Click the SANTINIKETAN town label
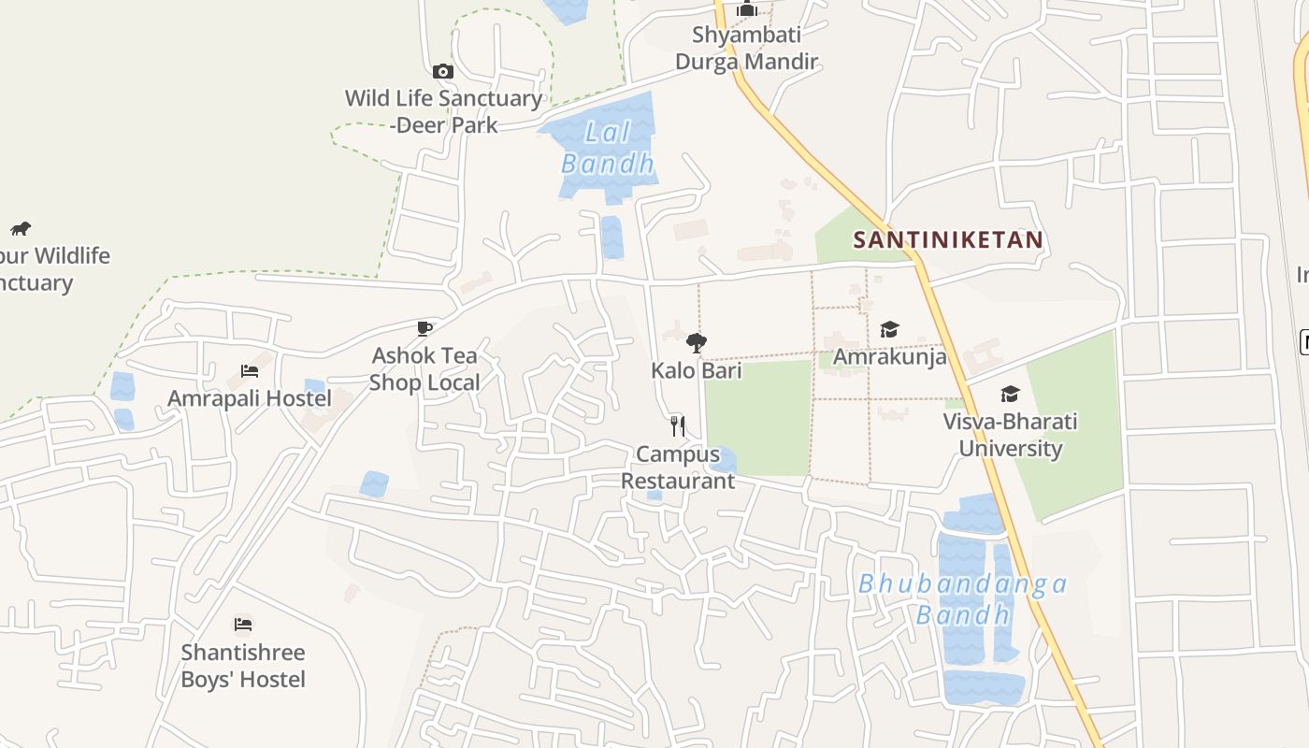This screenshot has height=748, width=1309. click(947, 240)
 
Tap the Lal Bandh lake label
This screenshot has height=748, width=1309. click(608, 148)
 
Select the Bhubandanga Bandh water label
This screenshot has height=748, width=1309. click(963, 599)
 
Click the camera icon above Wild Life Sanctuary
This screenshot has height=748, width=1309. click(443, 71)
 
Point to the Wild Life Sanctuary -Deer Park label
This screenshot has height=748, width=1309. click(443, 111)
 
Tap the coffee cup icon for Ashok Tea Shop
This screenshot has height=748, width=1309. click(424, 328)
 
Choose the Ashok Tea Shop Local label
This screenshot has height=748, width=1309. click(424, 368)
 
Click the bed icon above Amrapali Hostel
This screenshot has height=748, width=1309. click(250, 370)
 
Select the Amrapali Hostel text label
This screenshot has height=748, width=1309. click(250, 398)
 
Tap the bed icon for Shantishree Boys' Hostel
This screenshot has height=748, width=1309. click(243, 624)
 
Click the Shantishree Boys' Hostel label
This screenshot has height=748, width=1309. click(243, 665)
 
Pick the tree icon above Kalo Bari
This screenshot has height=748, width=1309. click(696, 343)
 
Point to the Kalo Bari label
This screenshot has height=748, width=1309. click(697, 370)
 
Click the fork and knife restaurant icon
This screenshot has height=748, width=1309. click(678, 426)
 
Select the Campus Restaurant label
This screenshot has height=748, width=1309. click(678, 467)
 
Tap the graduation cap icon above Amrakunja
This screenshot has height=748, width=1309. click(889, 329)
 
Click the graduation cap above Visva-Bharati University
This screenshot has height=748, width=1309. click(1010, 394)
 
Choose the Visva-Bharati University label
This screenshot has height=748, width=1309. click(1010, 435)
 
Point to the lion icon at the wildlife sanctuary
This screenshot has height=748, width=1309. click(21, 228)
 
